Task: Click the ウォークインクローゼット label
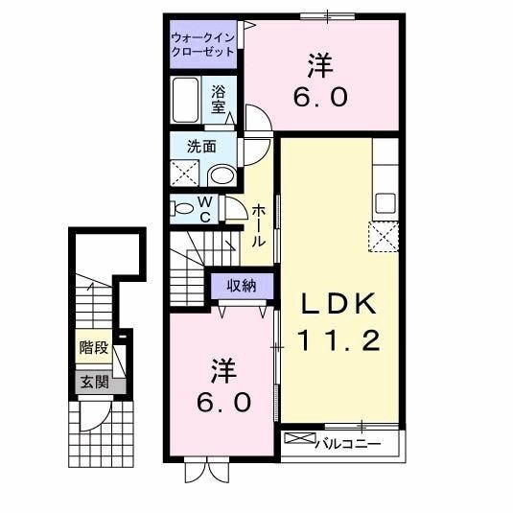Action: [x=201, y=44]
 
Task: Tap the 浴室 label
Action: [x=220, y=100]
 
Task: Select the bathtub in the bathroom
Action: [x=190, y=98]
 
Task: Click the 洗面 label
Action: [x=200, y=149]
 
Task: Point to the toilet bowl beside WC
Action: [x=182, y=207]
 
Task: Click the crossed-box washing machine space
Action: [x=184, y=174]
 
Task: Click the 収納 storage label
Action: [x=243, y=285]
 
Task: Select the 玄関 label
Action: [x=94, y=383]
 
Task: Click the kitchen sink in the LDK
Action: [x=385, y=203]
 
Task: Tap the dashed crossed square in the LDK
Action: [x=384, y=235]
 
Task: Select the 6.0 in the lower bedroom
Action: [x=224, y=402]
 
